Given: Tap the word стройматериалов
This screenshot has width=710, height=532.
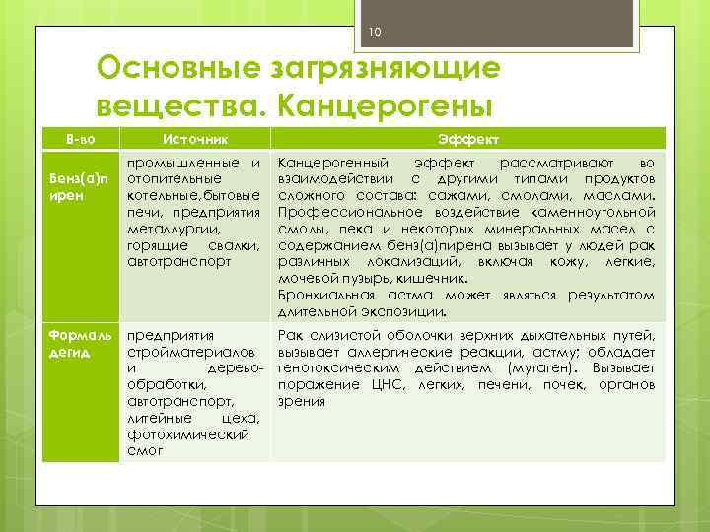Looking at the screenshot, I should [183, 351].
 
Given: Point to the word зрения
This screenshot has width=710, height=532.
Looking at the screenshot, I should [302, 401].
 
